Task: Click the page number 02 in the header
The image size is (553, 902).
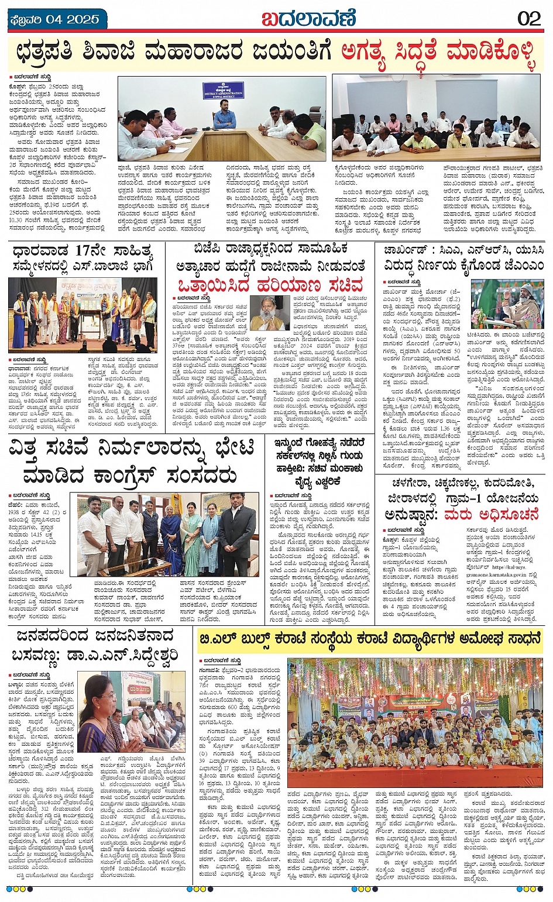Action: (529, 18)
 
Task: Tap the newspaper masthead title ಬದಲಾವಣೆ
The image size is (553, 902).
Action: (308, 19)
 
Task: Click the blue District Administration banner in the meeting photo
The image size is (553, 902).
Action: (223, 89)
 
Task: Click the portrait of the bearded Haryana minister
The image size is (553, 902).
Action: (269, 313)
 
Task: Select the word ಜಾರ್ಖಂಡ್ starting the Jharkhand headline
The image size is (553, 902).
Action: (403, 250)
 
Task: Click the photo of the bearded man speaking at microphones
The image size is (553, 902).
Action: (507, 304)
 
